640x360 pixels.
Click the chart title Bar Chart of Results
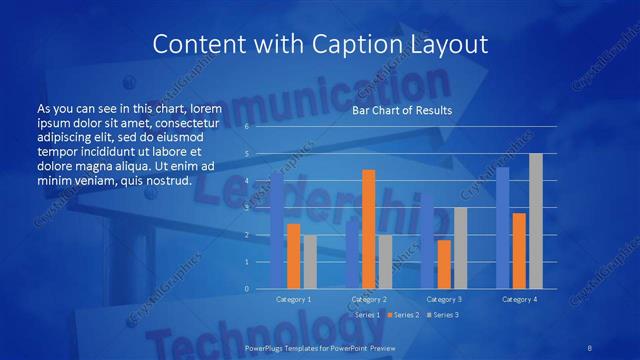(x=402, y=111)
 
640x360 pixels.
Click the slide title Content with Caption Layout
(x=319, y=44)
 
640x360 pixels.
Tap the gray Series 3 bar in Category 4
(x=535, y=220)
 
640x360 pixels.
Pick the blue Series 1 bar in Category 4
(x=502, y=227)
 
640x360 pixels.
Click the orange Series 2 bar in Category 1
(x=293, y=255)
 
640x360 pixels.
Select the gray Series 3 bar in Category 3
(x=460, y=247)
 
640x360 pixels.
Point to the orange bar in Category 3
(x=443, y=263)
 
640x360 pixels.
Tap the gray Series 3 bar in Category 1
(x=310, y=261)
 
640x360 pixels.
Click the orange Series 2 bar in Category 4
(x=518, y=250)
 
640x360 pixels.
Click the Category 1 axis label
(x=293, y=299)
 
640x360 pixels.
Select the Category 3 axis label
(x=443, y=299)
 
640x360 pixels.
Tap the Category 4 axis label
(x=518, y=299)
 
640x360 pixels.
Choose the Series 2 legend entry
(x=403, y=315)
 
